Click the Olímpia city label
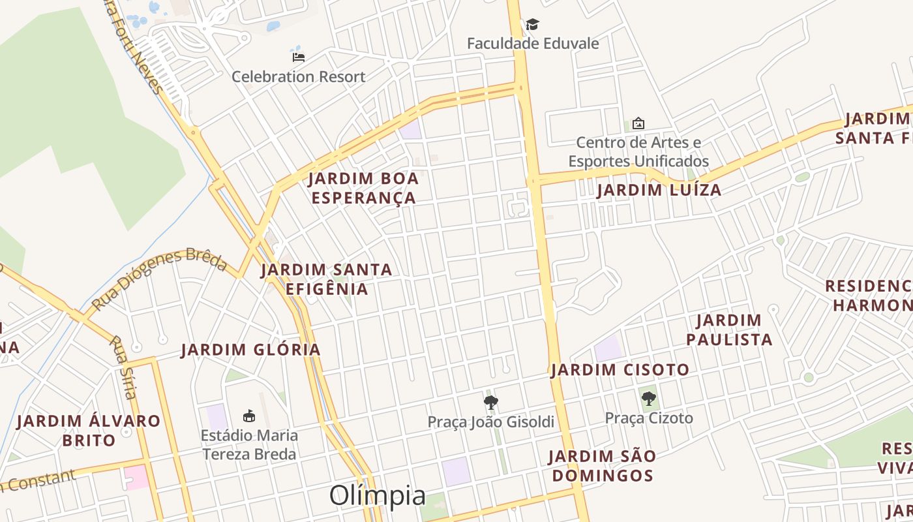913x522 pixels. point(378,495)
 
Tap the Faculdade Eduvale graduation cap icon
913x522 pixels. point(533,25)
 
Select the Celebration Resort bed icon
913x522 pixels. point(299,57)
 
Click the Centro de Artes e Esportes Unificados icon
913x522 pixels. point(638,123)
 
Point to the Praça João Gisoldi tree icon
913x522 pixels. point(491,403)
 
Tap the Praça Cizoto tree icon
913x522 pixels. point(648,398)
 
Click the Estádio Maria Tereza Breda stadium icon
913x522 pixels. point(248,416)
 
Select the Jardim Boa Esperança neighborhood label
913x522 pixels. point(363,188)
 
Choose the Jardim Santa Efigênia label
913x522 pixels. point(326,279)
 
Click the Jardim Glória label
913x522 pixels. point(251,350)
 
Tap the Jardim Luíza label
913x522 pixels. point(659,190)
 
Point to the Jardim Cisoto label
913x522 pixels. point(620,370)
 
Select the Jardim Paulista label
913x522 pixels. point(728,330)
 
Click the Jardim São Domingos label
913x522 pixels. point(602,465)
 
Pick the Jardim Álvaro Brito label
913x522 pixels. point(89,430)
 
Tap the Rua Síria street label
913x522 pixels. point(123,367)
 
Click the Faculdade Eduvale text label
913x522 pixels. point(533,44)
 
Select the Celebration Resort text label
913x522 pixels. point(299,76)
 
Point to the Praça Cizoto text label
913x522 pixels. point(649,418)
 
